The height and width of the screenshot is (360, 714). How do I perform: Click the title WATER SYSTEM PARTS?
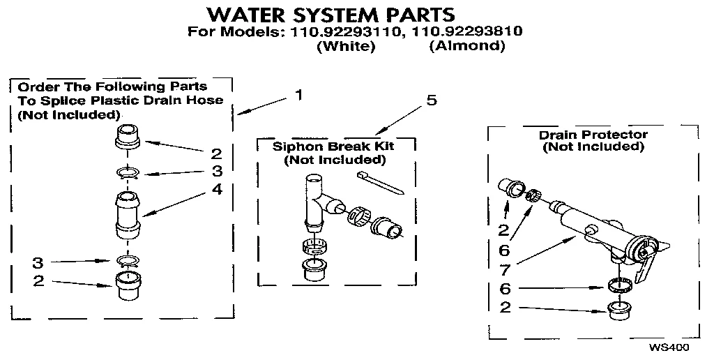[332, 14]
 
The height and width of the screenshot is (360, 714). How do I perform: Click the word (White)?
[346, 47]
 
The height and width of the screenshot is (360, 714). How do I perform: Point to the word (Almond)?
[466, 47]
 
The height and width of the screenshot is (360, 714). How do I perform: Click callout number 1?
[299, 96]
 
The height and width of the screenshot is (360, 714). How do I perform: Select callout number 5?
[432, 100]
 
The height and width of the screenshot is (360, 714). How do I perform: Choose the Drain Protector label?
[593, 135]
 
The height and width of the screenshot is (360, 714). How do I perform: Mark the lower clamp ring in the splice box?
[126, 262]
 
